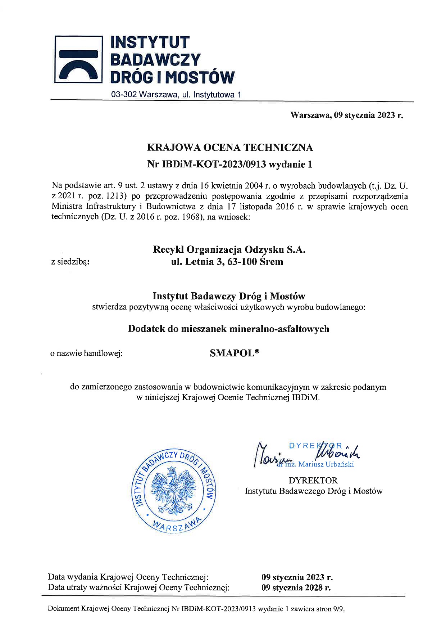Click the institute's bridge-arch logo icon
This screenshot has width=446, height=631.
click(78, 59)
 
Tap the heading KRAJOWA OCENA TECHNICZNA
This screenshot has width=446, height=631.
click(230, 148)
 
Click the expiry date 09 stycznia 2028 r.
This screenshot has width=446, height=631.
click(296, 587)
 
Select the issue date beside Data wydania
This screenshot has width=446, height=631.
click(297, 577)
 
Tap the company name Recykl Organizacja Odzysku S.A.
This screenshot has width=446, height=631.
click(229, 249)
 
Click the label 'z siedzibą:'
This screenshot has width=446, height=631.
click(70, 262)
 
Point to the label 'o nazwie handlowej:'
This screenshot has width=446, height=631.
click(86, 353)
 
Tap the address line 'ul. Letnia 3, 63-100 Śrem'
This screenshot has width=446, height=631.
click(227, 262)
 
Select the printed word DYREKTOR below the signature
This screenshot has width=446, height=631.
click(313, 481)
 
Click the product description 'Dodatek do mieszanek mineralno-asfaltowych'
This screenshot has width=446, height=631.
click(228, 329)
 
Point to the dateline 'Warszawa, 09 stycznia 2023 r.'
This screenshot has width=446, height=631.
click(347, 115)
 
